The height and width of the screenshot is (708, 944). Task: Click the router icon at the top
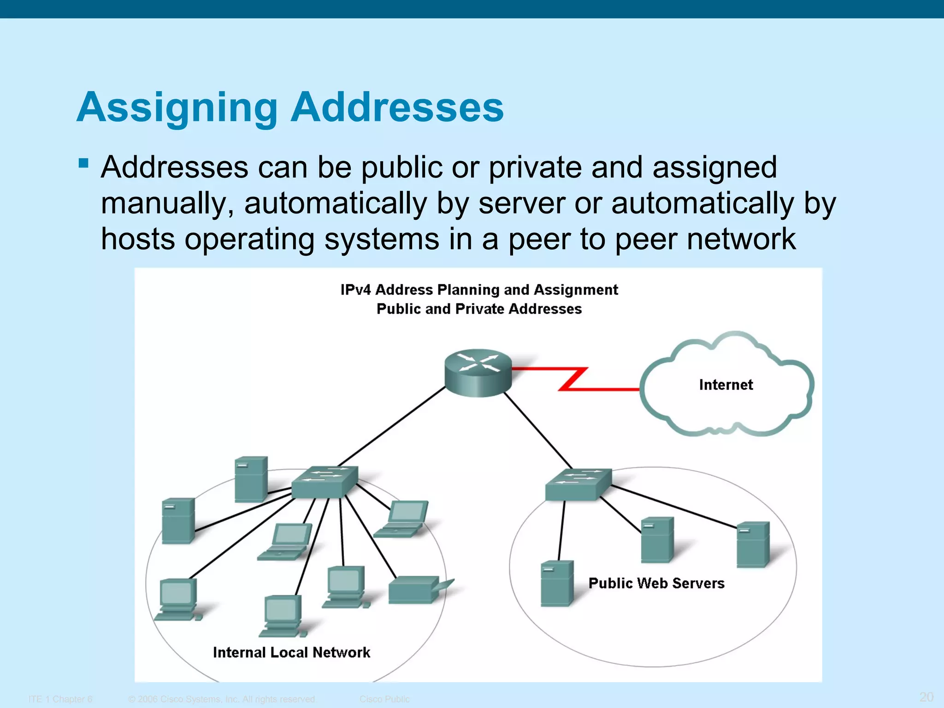[x=478, y=372]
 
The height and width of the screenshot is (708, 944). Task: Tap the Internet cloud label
[x=726, y=384]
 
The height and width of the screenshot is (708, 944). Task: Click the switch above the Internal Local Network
[x=324, y=482]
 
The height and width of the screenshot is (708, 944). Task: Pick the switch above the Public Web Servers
[x=578, y=484]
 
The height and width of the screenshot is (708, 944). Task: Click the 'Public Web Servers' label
[x=656, y=583]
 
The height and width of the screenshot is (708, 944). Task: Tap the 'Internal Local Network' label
[x=291, y=652]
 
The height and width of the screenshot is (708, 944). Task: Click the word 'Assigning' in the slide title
[x=177, y=108]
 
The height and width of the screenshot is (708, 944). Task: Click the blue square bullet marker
[x=83, y=163]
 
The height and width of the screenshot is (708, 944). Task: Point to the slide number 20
[x=926, y=696]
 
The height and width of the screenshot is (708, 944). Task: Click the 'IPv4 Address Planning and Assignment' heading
[x=479, y=289]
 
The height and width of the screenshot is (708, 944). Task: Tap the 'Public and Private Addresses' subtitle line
[x=479, y=309]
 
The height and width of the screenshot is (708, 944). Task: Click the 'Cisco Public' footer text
[x=384, y=699]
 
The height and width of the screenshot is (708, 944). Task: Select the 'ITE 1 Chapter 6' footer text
[x=60, y=699]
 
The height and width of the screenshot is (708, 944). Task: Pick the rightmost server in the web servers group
[x=753, y=544]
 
